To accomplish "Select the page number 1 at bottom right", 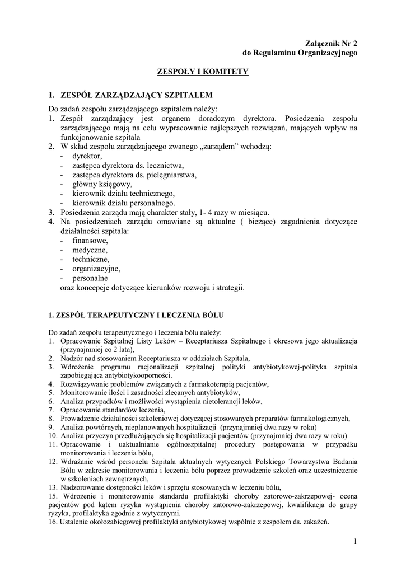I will pos(355,541).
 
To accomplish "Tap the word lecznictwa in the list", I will pos(165,166).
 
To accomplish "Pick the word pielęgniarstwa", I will pos(171,175).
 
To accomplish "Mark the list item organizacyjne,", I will pos(96,269).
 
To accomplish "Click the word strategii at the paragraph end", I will pos(230,288).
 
